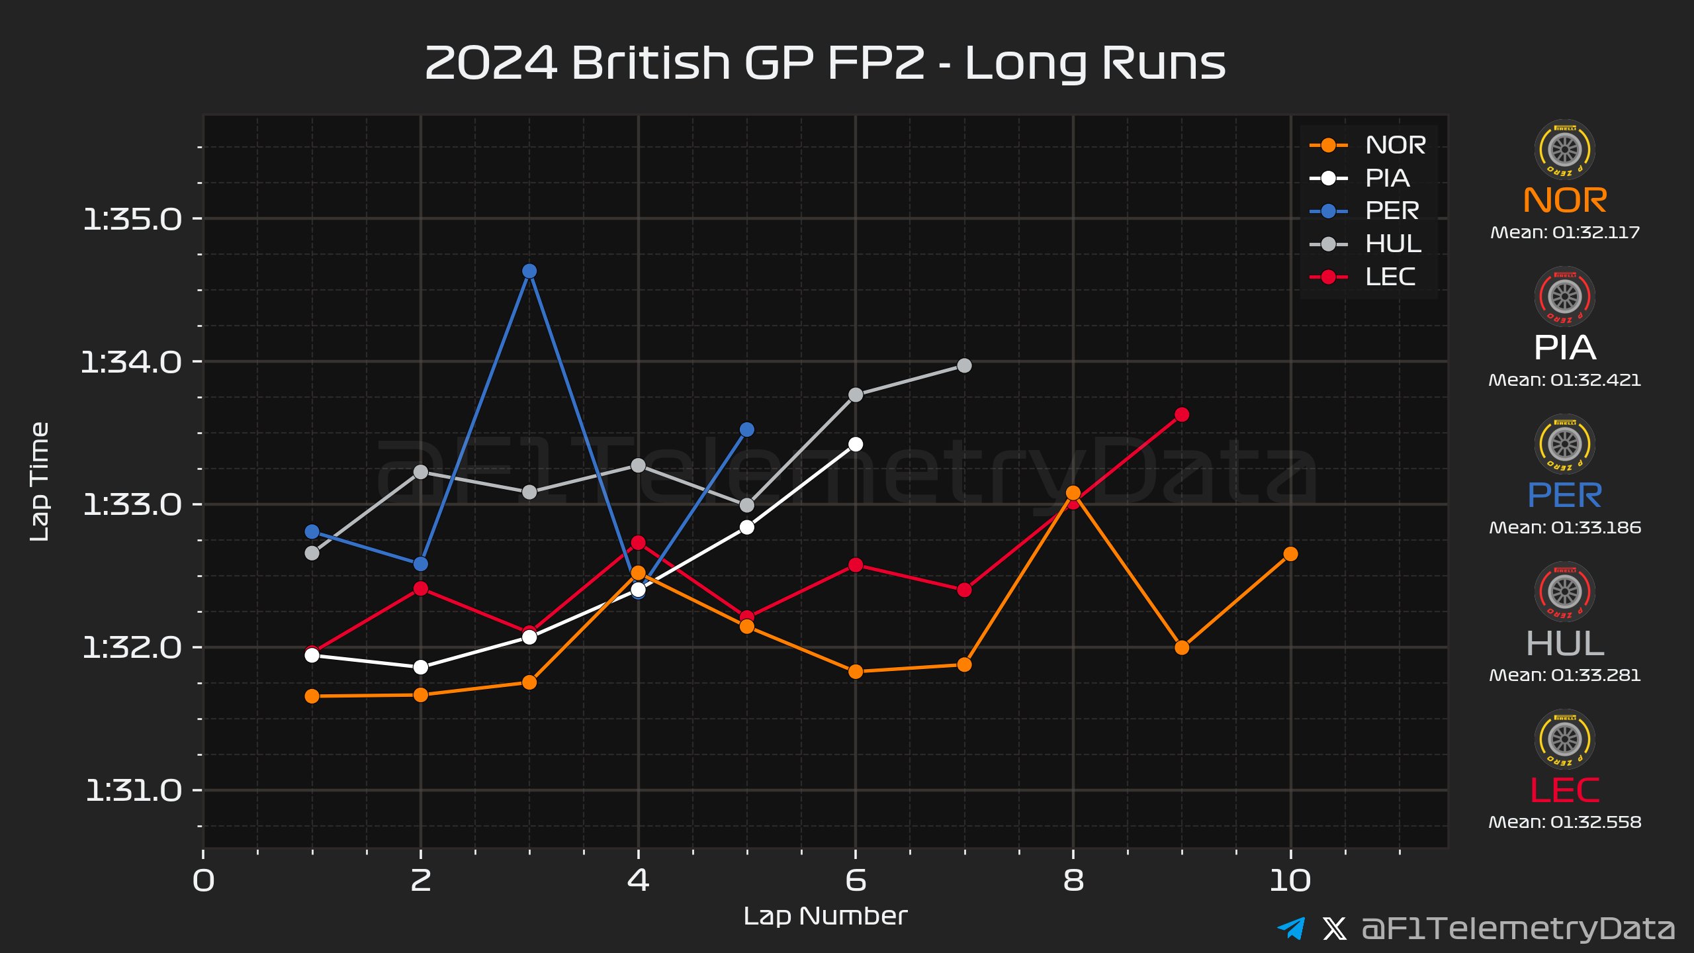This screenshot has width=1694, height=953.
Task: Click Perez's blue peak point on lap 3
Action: point(529,271)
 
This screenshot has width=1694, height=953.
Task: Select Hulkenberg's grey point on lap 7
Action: point(964,365)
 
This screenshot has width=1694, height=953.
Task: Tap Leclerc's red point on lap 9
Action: point(1182,415)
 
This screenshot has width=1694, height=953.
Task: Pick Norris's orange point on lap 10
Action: point(1290,554)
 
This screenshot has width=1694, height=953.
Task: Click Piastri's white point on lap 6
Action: point(856,444)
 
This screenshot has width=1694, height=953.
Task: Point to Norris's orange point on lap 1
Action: point(312,696)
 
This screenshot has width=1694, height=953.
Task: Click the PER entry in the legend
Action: point(1392,211)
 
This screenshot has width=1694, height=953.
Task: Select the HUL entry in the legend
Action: point(1393,244)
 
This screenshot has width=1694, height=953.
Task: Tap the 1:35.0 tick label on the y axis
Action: point(132,219)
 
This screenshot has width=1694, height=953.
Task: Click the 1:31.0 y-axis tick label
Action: point(133,791)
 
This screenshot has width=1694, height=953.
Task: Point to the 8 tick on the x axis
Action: point(1073,881)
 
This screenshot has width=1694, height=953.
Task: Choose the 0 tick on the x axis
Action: point(203,881)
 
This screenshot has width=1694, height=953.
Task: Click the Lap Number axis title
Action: point(825,917)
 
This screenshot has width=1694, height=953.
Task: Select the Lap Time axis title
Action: point(40,482)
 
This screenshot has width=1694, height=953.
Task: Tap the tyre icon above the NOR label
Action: point(1564,150)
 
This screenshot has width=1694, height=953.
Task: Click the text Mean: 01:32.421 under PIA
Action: point(1564,381)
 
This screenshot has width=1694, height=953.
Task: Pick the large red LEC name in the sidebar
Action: point(1564,790)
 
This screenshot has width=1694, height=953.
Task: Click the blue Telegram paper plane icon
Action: point(1291,928)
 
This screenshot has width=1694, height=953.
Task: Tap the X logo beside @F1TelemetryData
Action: point(1334,928)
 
